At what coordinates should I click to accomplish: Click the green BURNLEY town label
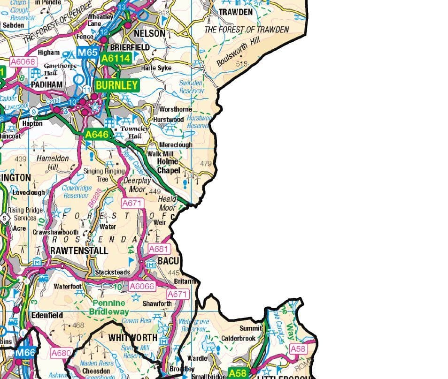(117, 85)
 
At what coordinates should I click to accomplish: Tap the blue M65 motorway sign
(87, 53)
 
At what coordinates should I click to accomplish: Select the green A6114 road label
(115, 58)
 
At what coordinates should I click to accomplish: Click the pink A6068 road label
(23, 61)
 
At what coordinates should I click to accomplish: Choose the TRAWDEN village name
(235, 12)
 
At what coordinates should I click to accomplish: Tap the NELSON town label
(150, 33)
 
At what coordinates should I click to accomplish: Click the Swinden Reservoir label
(191, 87)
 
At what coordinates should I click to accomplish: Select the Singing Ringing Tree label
(104, 175)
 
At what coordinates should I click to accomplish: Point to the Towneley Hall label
(134, 132)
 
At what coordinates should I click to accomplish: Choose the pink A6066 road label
(141, 286)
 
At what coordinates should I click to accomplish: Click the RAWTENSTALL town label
(79, 250)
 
